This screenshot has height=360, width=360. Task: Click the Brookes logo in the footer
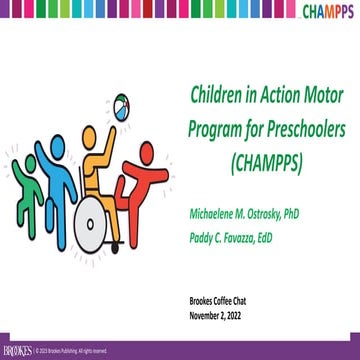17,351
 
